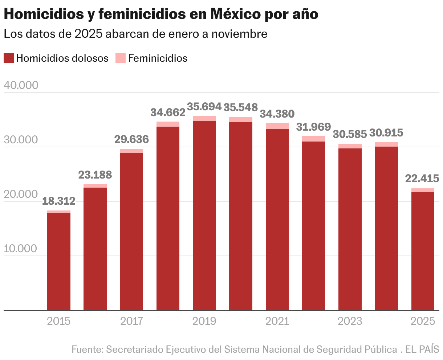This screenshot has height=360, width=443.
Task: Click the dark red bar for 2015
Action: click(x=59, y=261)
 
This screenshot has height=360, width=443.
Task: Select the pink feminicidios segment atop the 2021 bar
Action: click(x=277, y=126)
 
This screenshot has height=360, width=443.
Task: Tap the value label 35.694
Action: click(x=204, y=107)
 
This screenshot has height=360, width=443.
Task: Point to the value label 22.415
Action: click(x=422, y=179)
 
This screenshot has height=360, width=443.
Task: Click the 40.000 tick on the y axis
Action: click(x=21, y=85)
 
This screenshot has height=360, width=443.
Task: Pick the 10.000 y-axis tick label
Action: click(x=21, y=249)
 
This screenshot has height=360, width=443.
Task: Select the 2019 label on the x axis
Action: click(x=204, y=321)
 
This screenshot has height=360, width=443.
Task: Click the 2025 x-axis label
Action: click(x=422, y=321)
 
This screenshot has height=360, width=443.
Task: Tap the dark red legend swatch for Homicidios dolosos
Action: click(x=9, y=58)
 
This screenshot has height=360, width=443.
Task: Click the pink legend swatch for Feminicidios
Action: click(x=121, y=58)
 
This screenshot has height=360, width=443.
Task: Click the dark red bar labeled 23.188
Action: click(x=95, y=249)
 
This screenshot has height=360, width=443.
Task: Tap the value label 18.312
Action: click(x=59, y=201)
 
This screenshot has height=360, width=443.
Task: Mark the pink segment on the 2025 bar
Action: click(x=422, y=190)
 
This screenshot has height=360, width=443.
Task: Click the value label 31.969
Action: click(x=313, y=127)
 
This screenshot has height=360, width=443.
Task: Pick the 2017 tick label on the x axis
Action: click(x=131, y=321)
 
